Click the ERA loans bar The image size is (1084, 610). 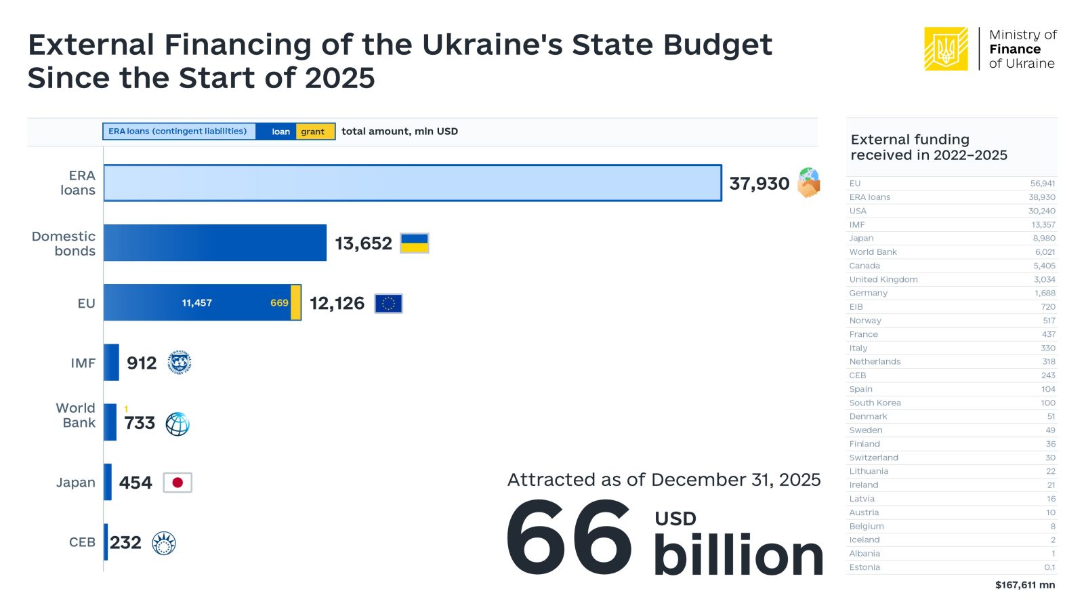coord(412,183)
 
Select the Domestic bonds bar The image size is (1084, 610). coord(215,243)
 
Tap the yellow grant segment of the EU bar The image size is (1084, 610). coord(295,302)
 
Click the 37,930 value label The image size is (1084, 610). coord(759,184)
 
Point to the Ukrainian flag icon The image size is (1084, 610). coord(414,243)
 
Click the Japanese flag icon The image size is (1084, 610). coord(178,483)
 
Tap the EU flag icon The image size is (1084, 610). coord(388,303)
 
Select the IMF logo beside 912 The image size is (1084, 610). coord(179,363)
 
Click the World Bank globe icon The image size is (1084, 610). coord(178,424)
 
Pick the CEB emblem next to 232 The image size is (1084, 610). coord(164,543)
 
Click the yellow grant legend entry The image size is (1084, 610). coord(313,131)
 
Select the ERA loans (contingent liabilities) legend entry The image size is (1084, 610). coord(178,131)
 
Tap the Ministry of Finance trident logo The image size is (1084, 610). coord(946,49)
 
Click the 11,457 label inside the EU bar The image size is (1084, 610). coord(196,303)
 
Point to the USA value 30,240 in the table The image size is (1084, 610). coord(1041,211)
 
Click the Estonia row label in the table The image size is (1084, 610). coord(864,567)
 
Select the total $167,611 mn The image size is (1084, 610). coord(1024,585)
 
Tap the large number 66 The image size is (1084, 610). coord(569,539)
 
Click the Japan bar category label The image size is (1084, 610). coord(75,483)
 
